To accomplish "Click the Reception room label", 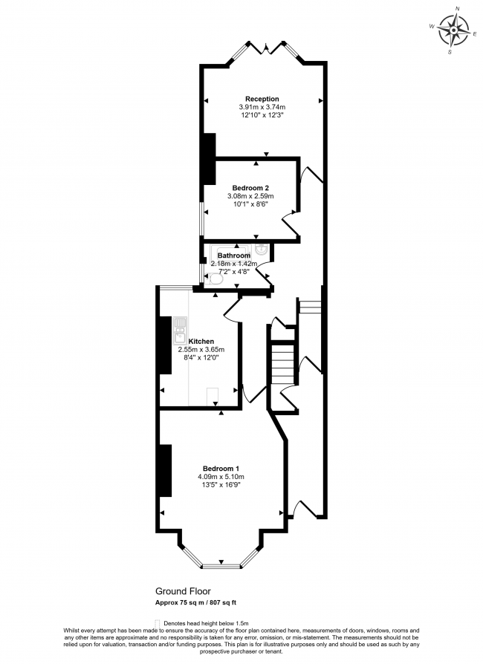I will tap(262, 99).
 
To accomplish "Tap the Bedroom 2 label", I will tap(250, 187).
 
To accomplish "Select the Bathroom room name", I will tap(233, 255).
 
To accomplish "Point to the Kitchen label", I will tap(203, 341).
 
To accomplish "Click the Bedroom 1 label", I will tap(221, 467).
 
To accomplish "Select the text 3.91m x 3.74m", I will tap(262, 107).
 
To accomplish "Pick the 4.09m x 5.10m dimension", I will tap(221, 476).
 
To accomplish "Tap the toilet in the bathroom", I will tap(215, 279).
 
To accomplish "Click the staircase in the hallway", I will tap(282, 364).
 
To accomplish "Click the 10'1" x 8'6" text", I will tap(250, 204).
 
